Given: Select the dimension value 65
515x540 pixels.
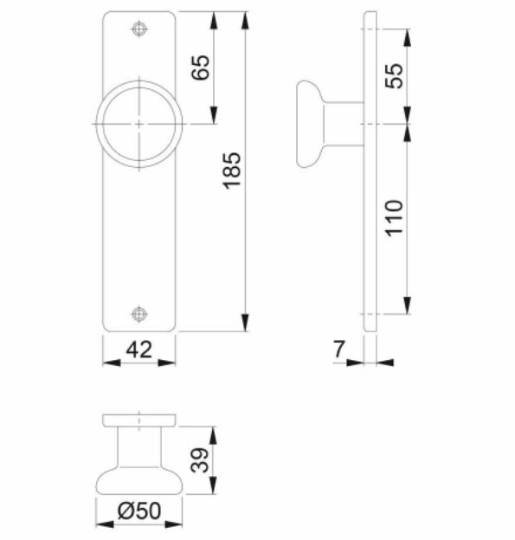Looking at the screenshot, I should tap(201, 68).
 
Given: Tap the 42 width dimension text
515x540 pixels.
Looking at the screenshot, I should tap(138, 350).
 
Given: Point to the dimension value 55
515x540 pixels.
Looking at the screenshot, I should tap(395, 75).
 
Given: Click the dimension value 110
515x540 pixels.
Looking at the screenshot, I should tap(395, 219).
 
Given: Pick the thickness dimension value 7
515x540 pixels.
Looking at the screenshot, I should tap(339, 350).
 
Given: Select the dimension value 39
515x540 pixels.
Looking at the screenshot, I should tap(200, 460).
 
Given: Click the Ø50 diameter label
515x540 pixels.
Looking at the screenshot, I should tap(138, 511).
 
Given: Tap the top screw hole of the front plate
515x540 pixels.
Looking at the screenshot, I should tap(138, 29).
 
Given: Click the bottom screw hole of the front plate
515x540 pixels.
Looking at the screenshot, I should tap(138, 313).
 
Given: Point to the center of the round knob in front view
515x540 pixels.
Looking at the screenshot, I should tap(138, 124).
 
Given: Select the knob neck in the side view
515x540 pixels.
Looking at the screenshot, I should tap(343, 124).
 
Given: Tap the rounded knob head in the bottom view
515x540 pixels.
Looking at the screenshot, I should tap(138, 480).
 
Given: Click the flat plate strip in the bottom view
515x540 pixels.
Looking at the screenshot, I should tap(138, 420).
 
